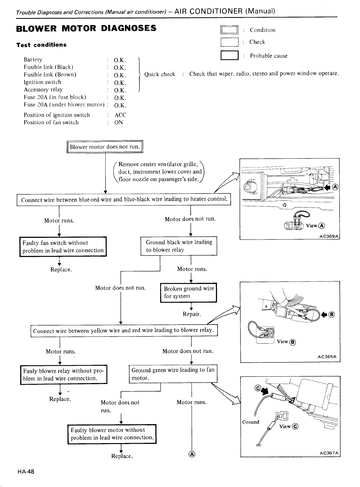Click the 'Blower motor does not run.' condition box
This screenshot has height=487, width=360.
pos(105,146)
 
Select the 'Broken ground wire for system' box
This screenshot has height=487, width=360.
pos(189,293)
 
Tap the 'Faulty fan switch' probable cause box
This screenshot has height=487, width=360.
pos(63,246)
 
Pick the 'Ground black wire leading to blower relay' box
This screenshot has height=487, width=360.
pos(179,246)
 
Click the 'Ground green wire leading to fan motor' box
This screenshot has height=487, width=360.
pos(173,374)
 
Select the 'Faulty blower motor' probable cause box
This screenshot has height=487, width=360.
pos(112,434)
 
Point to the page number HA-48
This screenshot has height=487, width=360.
pos(26,472)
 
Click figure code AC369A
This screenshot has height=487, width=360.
pos(329,236)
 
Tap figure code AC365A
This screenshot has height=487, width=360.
pos(327,357)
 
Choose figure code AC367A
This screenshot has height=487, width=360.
pos(329,453)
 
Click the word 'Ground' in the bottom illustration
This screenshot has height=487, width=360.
pos(250,422)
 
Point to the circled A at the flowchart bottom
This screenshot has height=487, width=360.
pos(192,454)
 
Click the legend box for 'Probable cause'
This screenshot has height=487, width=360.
pos(229,55)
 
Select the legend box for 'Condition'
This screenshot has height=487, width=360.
pos(229,30)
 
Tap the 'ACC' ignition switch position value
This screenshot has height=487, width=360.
pos(120,115)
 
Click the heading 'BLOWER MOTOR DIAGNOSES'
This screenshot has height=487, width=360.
pos(86,28)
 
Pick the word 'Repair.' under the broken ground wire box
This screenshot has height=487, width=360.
pos(192,314)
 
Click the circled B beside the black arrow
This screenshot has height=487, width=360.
pos(332,315)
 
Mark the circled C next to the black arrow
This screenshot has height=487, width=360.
pos(258,388)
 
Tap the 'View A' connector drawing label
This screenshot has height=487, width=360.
pos(315,226)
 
